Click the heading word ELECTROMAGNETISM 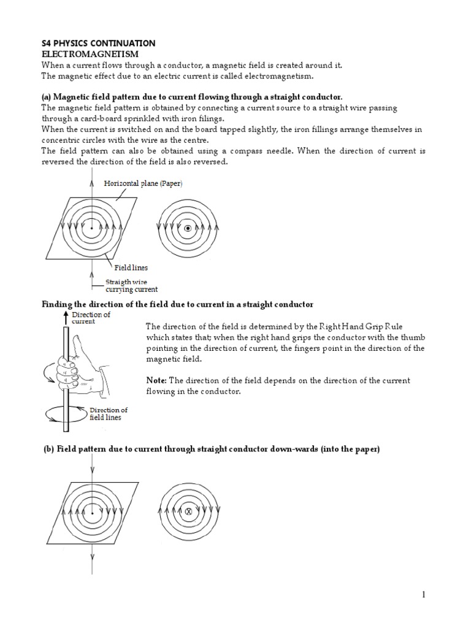pyautogui.click(x=90, y=55)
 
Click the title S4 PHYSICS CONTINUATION pyautogui.click(x=98, y=44)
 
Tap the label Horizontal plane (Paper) pyautogui.click(x=143, y=183)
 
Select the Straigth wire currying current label pyautogui.click(x=131, y=285)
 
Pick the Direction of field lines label pyautogui.click(x=109, y=414)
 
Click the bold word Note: pyautogui.click(x=156, y=381)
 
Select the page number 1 pyautogui.click(x=423, y=595)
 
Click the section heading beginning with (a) pyautogui.click(x=192, y=97)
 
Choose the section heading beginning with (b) pyautogui.click(x=212, y=449)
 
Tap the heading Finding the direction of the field pyautogui.click(x=177, y=305)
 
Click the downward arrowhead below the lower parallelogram pyautogui.click(x=92, y=557)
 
